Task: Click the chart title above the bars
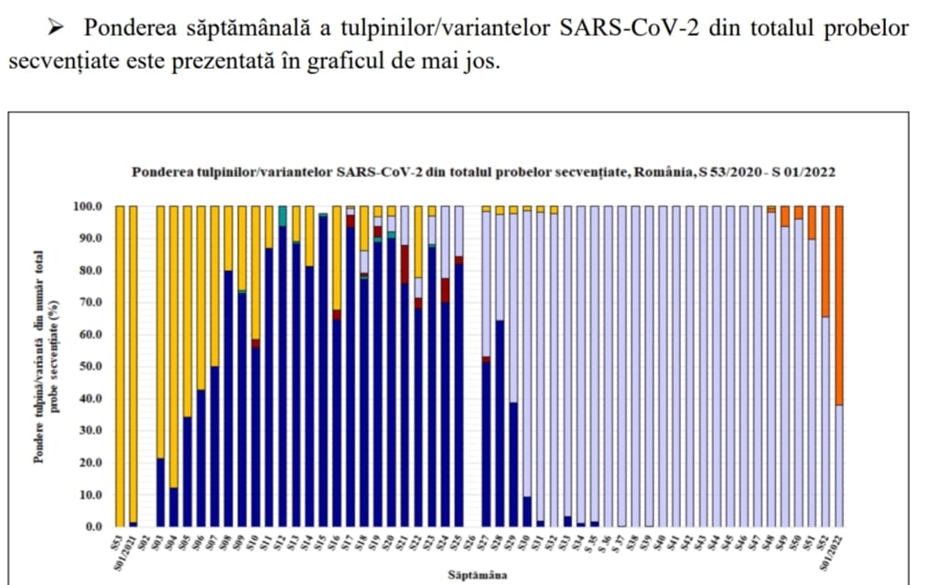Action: pos(483,171)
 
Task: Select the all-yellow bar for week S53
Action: pos(120,366)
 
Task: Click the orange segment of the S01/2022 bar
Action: pos(838,302)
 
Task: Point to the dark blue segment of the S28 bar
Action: pos(500,421)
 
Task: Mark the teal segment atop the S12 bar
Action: pos(283,215)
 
